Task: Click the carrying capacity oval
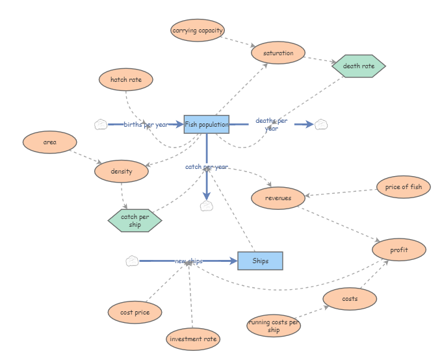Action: pos(198,30)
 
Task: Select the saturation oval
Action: pos(278,53)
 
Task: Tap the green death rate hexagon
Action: pos(358,66)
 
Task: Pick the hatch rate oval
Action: pos(126,79)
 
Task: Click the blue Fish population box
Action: pos(207,124)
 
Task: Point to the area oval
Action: pos(49,142)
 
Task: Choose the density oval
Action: pos(121,172)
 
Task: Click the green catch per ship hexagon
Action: pos(135,220)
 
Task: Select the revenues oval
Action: pos(278,198)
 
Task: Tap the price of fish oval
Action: pos(403,187)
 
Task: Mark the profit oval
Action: pos(399,250)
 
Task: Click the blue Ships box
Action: pos(260,261)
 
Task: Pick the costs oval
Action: pos(350,298)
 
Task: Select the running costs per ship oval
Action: pos(274,326)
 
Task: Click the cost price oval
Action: pos(135,312)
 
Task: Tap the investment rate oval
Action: pos(193,339)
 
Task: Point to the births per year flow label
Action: pos(146,124)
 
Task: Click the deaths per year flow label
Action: pos(271,124)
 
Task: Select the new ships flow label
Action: pos(188,261)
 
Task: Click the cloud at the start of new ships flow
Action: pos(132,261)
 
